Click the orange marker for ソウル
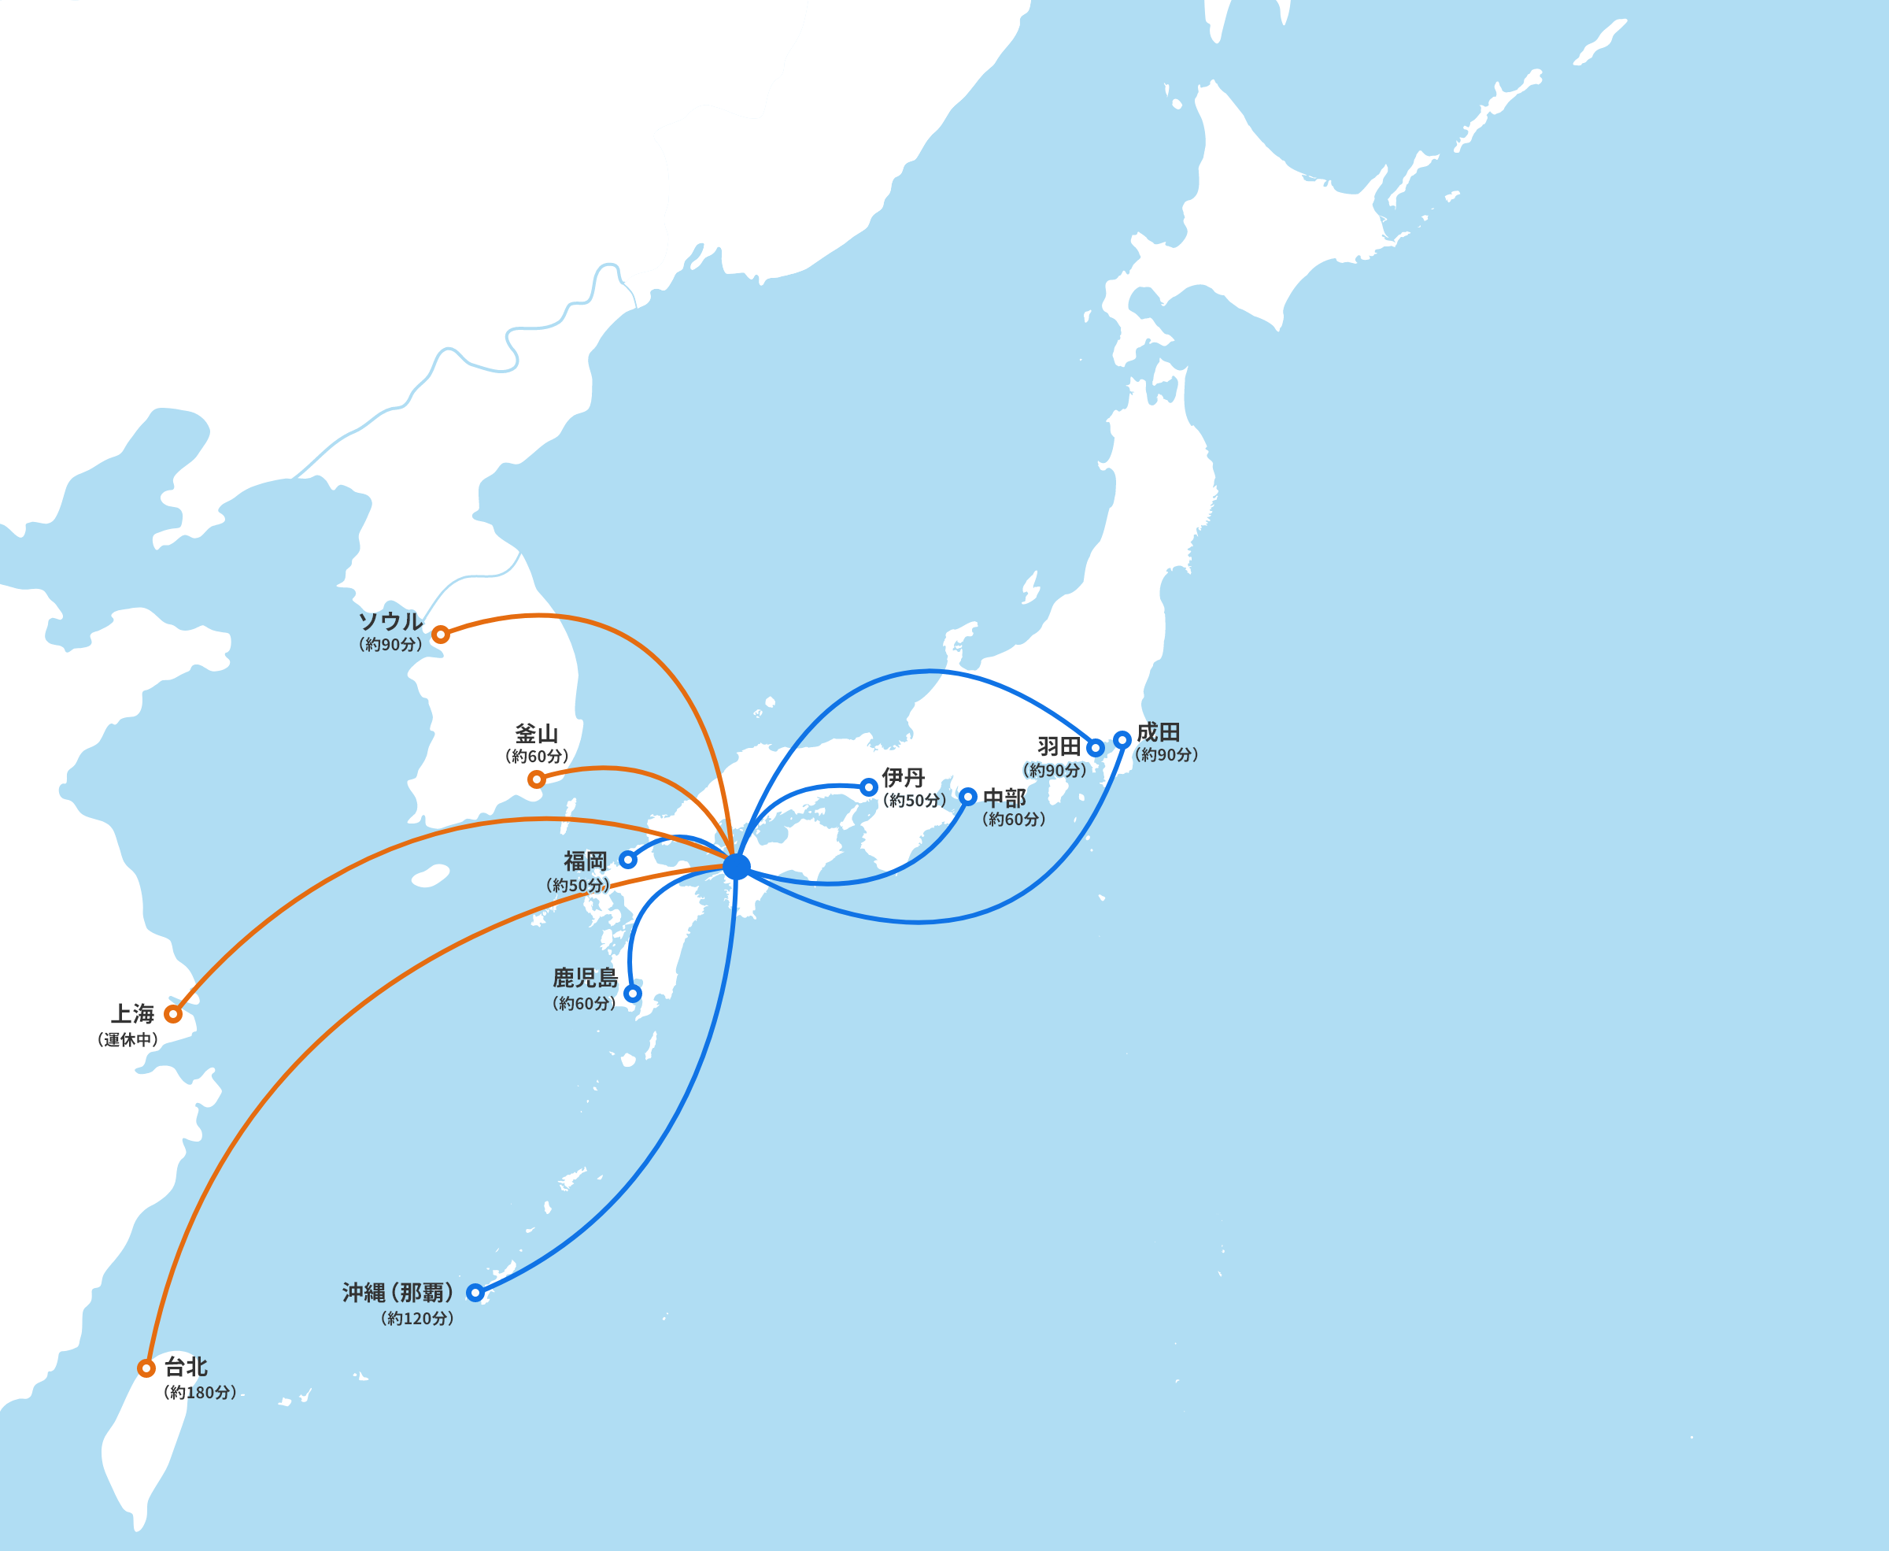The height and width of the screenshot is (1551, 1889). (x=440, y=635)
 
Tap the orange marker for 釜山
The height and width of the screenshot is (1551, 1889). (x=536, y=779)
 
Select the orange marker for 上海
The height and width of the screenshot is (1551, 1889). (x=173, y=1014)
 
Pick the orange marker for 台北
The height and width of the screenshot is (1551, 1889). (x=146, y=1368)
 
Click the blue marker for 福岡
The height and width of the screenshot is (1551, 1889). (x=628, y=860)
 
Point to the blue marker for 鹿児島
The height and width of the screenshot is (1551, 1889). (x=632, y=994)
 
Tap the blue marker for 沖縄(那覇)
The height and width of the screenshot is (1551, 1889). (x=475, y=1292)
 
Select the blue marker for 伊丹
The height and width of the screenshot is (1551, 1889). (x=868, y=787)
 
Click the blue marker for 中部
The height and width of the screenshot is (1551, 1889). (x=968, y=796)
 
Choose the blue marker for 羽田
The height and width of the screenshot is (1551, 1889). (x=1096, y=748)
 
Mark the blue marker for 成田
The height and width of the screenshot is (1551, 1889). (x=1122, y=740)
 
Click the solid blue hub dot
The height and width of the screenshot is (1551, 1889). (x=737, y=866)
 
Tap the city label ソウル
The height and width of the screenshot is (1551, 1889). (x=390, y=621)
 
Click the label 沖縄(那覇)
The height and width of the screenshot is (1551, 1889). (x=398, y=1292)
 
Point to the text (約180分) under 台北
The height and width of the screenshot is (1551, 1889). (x=200, y=1392)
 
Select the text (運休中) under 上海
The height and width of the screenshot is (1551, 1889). (x=128, y=1039)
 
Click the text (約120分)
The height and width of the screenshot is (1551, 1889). (x=417, y=1318)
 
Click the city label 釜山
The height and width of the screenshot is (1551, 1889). (x=536, y=734)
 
